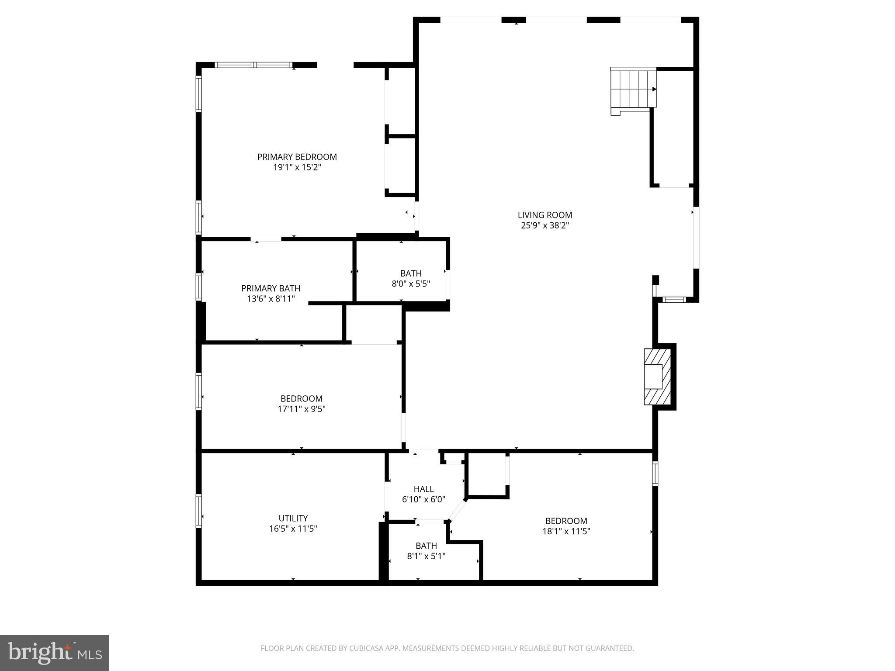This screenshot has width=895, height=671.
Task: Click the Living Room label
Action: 545,215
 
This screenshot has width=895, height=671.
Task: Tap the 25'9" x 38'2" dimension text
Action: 545,225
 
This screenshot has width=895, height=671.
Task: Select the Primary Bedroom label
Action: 297,157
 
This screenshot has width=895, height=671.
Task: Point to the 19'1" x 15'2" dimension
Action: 297,167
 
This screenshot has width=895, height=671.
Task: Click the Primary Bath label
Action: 271,288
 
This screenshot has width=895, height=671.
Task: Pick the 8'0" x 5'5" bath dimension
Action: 410,284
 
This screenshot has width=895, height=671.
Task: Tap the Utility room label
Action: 293,518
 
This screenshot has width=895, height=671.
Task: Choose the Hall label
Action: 423,489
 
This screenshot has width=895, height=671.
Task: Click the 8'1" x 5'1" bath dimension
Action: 426,556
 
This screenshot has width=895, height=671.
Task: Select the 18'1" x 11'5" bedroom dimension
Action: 566,532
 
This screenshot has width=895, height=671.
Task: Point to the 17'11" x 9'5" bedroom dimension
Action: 301,409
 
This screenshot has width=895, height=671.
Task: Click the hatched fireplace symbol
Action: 657,377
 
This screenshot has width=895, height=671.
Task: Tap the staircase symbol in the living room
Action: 634,90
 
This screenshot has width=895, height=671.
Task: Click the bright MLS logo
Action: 54,653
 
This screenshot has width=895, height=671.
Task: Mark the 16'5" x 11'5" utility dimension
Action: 293,529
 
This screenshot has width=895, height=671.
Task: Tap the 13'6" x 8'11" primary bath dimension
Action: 271,299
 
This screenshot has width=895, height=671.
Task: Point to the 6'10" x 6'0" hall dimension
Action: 423,499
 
